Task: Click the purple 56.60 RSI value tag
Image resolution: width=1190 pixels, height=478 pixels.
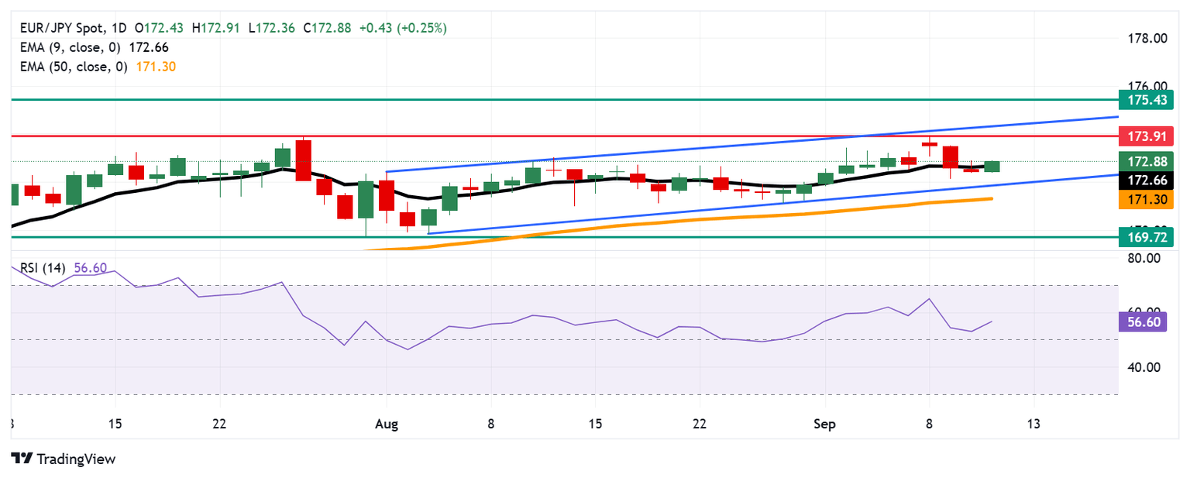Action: tap(1146, 322)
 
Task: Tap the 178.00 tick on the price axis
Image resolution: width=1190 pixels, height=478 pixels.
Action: tap(1145, 39)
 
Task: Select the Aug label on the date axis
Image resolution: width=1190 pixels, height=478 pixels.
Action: tap(386, 425)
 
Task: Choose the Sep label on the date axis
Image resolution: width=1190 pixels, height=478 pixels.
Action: tap(825, 425)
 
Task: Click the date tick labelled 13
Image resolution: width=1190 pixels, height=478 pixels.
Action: tap(1033, 425)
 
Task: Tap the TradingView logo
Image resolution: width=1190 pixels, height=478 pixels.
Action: tap(64, 459)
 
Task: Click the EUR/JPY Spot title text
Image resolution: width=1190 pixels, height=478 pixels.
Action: tap(60, 28)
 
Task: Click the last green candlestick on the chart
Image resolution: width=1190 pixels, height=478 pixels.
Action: tap(992, 167)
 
